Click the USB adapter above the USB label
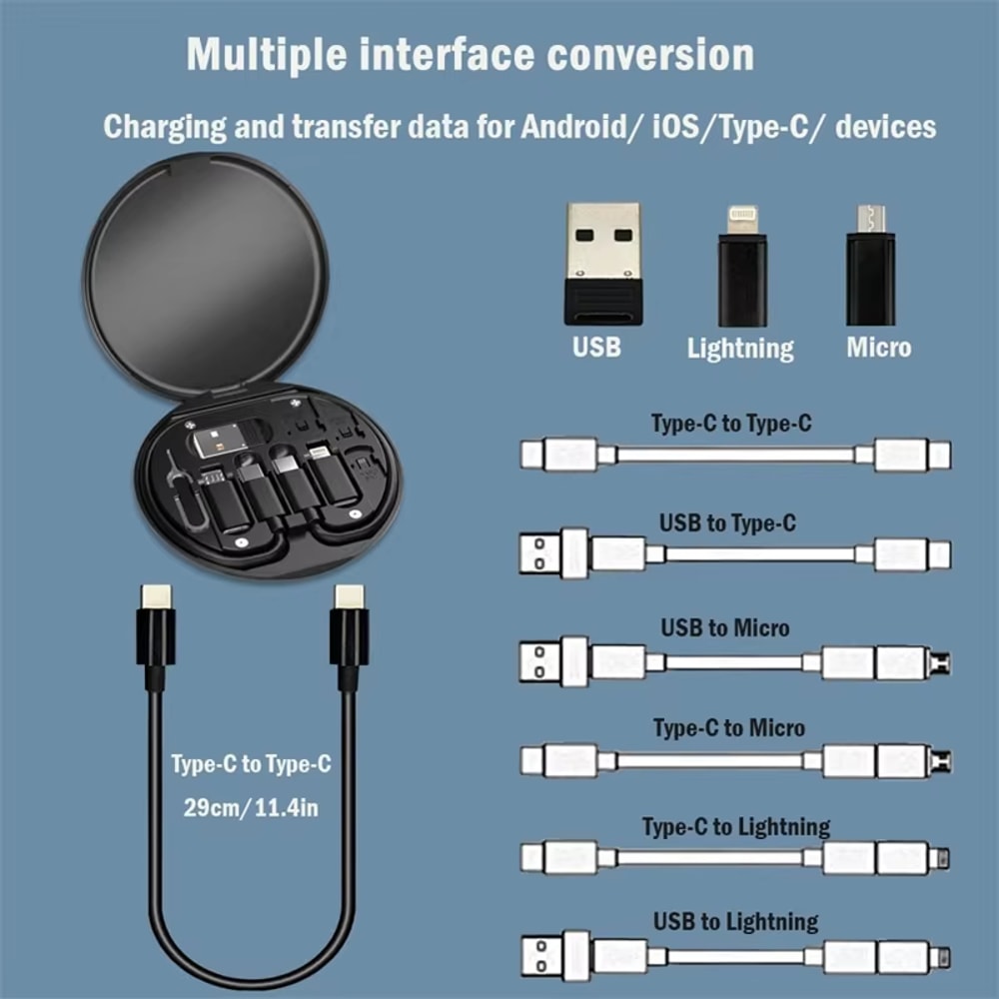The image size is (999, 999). [602, 263]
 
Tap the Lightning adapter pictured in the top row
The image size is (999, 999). [741, 265]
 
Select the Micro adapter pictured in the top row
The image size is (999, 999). [870, 265]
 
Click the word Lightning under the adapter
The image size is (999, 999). [740, 348]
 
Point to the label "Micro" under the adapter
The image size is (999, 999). [878, 347]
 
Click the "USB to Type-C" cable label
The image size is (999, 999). [727, 522]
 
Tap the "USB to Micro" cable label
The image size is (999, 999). [725, 627]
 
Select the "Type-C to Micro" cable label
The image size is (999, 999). [729, 727]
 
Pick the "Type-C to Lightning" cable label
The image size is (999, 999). [736, 826]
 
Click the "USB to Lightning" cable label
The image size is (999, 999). [736, 921]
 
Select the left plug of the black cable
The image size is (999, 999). [156, 633]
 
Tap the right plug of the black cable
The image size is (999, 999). [349, 633]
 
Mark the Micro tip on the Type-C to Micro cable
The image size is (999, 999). [940, 761]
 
